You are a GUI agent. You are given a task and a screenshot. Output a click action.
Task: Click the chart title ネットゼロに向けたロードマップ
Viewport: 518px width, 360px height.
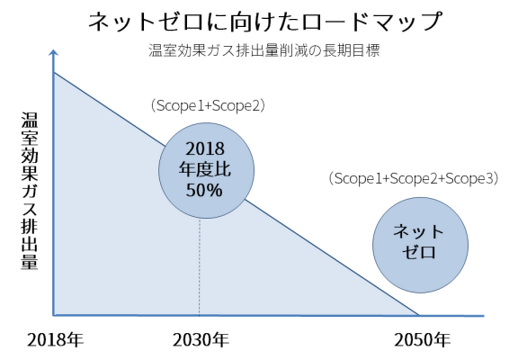[265, 22]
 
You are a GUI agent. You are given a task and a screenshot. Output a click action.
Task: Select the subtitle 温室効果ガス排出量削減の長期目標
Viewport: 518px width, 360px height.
[264, 50]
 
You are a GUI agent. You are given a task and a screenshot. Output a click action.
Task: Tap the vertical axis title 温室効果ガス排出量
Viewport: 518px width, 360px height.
[29, 191]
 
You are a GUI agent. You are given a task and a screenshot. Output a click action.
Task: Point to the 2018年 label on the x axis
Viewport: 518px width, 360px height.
[55, 340]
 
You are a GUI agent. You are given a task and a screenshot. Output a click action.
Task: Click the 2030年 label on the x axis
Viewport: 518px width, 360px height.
[201, 340]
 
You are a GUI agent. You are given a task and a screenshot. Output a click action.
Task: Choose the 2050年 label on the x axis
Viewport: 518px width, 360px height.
[422, 340]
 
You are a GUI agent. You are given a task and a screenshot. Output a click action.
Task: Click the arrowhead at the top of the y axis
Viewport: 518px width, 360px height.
[54, 52]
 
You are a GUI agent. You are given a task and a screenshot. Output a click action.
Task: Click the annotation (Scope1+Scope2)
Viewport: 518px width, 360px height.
[208, 106]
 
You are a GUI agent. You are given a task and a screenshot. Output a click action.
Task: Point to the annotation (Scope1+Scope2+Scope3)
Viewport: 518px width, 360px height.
[414, 178]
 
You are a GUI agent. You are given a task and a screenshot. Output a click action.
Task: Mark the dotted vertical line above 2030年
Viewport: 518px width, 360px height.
[200, 267]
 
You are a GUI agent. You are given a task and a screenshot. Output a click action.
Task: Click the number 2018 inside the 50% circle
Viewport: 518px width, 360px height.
[205, 148]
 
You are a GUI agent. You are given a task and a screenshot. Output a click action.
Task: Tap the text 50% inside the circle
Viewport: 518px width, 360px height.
[204, 190]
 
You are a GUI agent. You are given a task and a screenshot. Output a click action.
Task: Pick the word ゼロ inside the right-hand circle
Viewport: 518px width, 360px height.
[419, 253]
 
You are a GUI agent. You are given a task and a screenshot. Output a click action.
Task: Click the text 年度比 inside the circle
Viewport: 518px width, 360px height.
[205, 169]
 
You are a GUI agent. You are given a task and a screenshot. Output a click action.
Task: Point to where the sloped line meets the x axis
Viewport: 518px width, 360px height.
[418, 316]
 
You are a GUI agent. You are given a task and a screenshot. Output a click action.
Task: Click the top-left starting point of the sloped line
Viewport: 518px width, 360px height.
[54, 72]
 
